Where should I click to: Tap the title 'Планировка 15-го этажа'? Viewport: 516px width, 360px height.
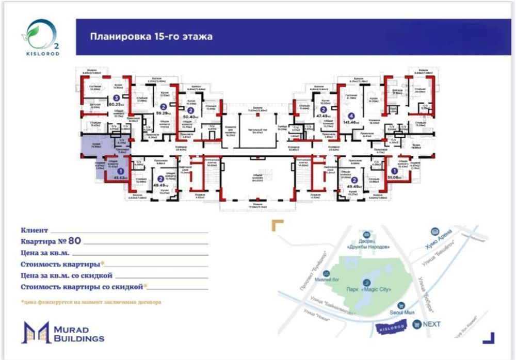pyautogui.click(x=151, y=37)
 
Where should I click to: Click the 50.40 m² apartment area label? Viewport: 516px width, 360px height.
pyautogui.click(x=190, y=117)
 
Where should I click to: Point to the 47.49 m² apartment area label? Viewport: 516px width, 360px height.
pyautogui.click(x=324, y=116)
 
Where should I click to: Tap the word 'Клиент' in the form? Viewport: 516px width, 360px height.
pyautogui.click(x=35, y=230)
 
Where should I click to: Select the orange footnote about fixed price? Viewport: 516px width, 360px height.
pyautogui.click(x=91, y=302)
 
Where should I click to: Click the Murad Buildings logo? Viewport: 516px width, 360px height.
pyautogui.click(x=62, y=333)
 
